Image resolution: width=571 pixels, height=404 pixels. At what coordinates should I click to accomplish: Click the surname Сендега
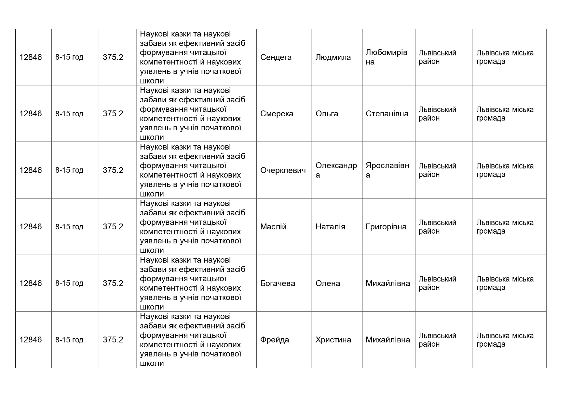276,57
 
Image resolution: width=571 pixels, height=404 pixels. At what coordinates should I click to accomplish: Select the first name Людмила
333,57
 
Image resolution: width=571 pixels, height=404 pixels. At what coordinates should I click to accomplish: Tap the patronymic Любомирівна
386,57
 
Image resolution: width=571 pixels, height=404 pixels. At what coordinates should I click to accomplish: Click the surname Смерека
277,114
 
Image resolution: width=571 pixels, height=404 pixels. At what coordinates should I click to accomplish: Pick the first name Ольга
327,114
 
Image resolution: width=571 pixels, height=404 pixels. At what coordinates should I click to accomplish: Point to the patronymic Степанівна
387,114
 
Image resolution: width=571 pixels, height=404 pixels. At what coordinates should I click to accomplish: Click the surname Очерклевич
283,170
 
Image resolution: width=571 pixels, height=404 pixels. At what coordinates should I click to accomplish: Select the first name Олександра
336,170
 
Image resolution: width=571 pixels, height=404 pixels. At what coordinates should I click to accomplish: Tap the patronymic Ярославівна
387,170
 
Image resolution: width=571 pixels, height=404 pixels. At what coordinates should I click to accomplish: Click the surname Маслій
273,227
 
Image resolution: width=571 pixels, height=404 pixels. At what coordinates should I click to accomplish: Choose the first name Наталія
330,227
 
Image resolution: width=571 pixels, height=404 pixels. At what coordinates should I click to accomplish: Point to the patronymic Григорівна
386,227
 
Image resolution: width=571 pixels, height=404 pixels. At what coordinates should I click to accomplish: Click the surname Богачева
278,283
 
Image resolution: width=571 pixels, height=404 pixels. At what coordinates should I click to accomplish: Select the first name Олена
328,283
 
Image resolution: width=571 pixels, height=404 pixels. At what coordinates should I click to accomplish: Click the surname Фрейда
275,340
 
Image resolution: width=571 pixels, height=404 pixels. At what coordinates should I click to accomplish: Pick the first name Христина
333,340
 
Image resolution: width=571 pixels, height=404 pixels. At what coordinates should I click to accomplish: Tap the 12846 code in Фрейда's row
31,340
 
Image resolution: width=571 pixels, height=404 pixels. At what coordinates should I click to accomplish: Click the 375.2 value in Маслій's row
113,227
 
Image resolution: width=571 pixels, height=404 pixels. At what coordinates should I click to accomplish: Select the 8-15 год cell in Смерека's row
69,114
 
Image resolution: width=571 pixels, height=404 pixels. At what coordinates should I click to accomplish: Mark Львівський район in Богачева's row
437,283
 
